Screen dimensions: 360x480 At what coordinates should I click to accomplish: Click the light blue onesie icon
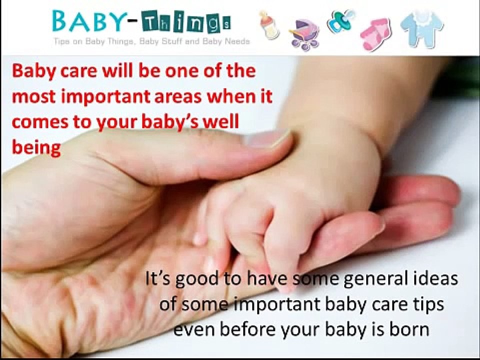click(421, 27)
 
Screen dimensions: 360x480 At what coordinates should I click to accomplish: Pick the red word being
click(36, 148)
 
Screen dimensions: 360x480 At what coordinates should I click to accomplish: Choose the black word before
click(246, 329)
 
